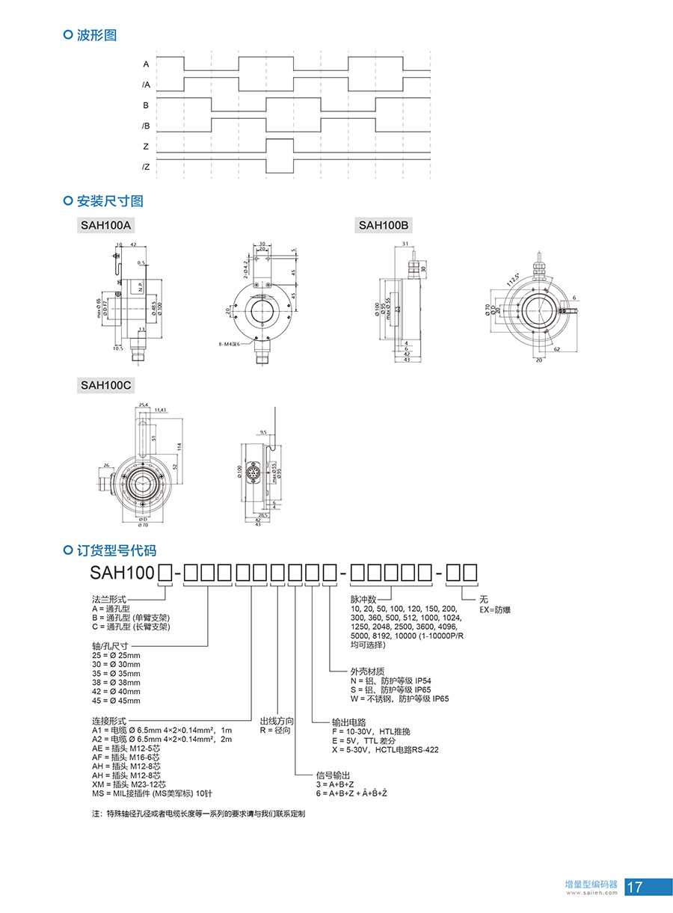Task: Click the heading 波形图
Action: [x=96, y=35]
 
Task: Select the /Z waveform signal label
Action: [x=146, y=167]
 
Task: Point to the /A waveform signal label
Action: [x=146, y=85]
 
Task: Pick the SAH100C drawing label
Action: [x=106, y=385]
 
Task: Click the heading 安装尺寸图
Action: [x=110, y=201]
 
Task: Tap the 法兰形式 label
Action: [x=108, y=600]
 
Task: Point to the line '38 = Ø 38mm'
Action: [x=116, y=683]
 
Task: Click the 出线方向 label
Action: [x=277, y=722]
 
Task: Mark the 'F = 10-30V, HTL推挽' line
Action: [x=371, y=731]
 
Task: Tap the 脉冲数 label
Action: [x=363, y=600]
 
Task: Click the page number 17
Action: [x=636, y=888]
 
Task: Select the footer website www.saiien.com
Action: [x=591, y=892]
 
